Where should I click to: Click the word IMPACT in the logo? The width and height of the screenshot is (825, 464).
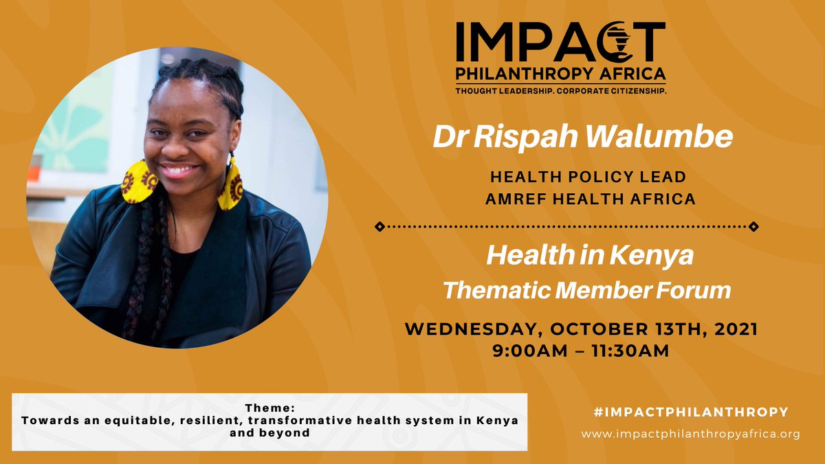point(560,42)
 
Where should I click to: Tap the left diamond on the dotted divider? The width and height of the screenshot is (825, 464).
point(377,225)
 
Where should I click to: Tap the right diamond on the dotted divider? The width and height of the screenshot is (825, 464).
point(753,225)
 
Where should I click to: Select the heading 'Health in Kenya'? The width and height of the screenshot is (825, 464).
point(589,256)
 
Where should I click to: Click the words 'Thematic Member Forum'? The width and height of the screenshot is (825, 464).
point(586,290)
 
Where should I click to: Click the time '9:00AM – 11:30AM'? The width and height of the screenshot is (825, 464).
point(580,351)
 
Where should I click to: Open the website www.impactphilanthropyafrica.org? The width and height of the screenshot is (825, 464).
point(690,434)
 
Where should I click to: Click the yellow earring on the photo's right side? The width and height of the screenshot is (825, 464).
point(230,186)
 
